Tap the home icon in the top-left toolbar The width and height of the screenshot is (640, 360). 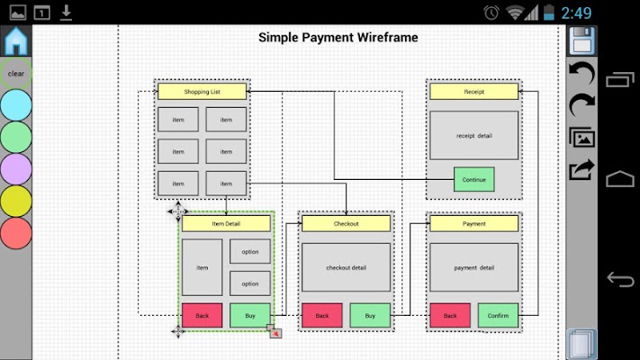16,40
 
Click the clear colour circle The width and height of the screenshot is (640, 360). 16,74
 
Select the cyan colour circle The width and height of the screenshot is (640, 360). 16,105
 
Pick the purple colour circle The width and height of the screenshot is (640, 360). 16,169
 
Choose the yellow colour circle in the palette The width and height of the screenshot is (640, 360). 16,201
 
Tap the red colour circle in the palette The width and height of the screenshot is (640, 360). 16,233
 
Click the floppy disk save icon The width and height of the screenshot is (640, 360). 581,40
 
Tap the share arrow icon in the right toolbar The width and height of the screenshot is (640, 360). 581,169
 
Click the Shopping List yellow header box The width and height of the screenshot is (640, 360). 202,92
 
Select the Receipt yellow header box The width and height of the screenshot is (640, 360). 473,92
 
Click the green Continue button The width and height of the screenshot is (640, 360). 473,179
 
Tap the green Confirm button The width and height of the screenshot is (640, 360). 498,315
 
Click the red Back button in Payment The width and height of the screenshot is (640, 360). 450,315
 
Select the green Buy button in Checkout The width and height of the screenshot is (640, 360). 370,315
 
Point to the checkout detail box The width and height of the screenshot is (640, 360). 347,267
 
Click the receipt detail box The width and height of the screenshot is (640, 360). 473,136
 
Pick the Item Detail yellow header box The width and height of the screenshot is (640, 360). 226,223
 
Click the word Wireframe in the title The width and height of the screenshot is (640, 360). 387,38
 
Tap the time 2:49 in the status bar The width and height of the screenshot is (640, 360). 576,13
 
